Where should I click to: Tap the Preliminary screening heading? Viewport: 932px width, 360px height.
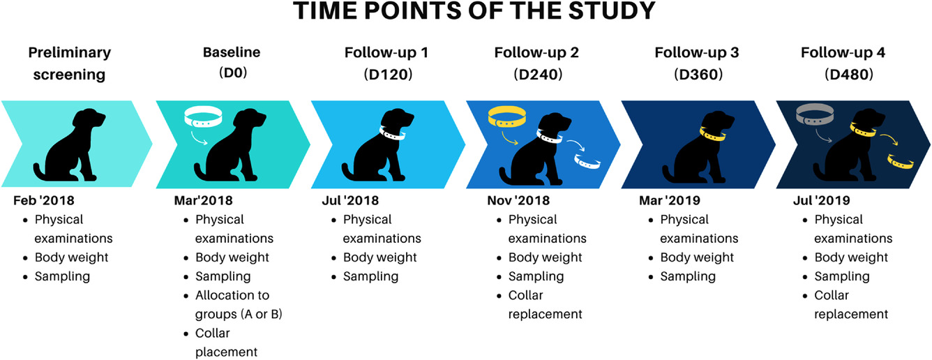pos(70,63)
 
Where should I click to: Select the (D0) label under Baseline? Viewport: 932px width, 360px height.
pos(233,73)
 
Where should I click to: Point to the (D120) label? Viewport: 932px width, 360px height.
pos(388,75)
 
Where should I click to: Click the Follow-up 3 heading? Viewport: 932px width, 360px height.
pos(696,52)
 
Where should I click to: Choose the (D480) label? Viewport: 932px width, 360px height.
pos(849,75)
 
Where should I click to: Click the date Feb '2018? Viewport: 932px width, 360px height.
pos(44,201)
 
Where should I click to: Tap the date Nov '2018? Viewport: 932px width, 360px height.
pos(518,201)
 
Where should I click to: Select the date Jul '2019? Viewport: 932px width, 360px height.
pos(821,201)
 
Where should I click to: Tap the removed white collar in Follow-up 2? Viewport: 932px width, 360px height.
pos(587,162)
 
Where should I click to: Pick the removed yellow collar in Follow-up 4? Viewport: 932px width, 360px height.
pos(901,161)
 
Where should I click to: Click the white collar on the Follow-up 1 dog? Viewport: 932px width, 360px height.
pos(392,133)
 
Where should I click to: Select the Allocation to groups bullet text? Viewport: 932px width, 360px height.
pos(239,305)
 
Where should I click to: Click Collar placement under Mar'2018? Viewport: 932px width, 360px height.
pos(226,343)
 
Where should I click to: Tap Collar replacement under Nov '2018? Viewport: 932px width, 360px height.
pos(545,305)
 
